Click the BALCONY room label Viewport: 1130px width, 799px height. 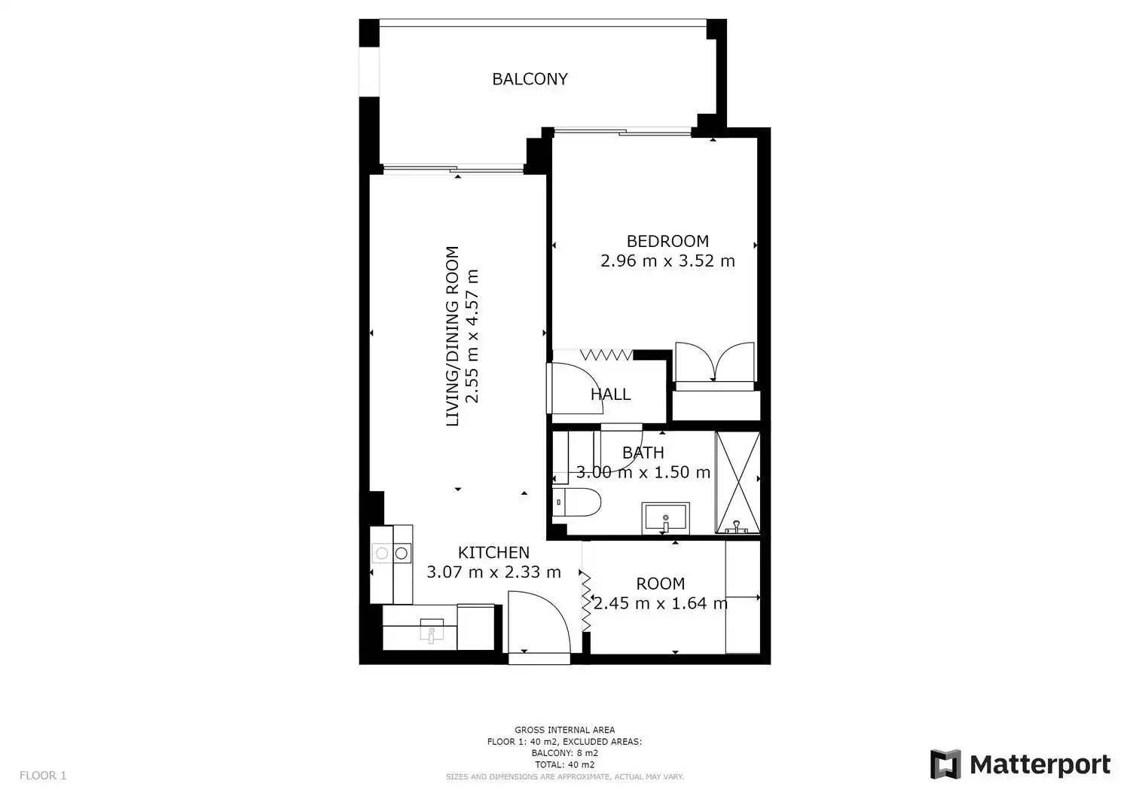tap(530, 79)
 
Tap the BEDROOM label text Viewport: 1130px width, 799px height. tap(667, 241)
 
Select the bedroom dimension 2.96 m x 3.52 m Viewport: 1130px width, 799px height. tap(667, 261)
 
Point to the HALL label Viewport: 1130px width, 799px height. tap(610, 394)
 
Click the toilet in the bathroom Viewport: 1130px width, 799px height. tap(576, 502)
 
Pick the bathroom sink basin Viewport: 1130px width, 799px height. tap(665, 518)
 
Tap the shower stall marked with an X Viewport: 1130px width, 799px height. tap(738, 482)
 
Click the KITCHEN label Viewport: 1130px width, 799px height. tap(493, 553)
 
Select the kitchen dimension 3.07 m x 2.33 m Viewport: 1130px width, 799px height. tap(493, 572)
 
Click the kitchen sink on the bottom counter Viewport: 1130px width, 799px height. tap(432, 630)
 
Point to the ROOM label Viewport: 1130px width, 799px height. tap(661, 584)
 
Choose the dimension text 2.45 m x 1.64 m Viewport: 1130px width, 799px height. tap(661, 603)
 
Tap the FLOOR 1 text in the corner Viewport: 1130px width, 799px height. tap(43, 776)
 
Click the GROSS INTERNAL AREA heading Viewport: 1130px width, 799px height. tap(564, 730)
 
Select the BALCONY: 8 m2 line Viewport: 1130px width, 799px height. tap(564, 753)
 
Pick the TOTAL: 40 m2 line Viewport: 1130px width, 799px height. tap(564, 764)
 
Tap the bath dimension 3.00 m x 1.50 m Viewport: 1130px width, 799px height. tap(643, 472)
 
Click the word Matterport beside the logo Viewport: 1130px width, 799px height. tap(1040, 764)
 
